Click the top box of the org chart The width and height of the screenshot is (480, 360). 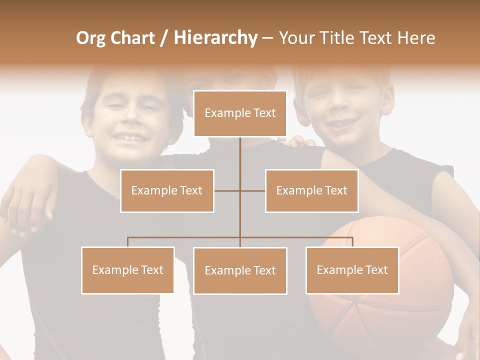coord(240,113)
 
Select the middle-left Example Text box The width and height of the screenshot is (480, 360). coord(167,190)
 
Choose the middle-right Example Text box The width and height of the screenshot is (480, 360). coord(311,190)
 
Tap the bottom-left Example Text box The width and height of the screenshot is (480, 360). coord(127,270)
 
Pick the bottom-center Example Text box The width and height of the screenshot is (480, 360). coord(240,270)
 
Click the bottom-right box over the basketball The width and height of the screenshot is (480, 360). coord(352,270)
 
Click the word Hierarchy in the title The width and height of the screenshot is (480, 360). coord(215,38)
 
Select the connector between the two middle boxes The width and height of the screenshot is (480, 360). coord(240,190)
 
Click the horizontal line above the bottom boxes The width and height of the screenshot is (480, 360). coord(240,237)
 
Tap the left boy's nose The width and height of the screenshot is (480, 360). coord(128,117)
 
